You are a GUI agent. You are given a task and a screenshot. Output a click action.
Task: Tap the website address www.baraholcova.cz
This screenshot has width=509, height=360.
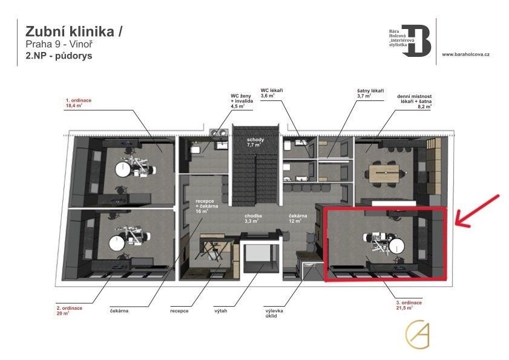[x=465, y=54]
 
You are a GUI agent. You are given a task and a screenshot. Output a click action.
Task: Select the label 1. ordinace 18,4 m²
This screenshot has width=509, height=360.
[x=78, y=102]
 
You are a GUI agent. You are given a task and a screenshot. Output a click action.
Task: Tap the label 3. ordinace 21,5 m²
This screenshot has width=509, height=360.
[x=404, y=304]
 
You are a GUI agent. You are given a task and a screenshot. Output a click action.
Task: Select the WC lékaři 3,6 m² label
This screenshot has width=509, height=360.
[x=272, y=93]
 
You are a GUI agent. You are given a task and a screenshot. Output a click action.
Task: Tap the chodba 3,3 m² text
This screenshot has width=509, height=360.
[x=253, y=218]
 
